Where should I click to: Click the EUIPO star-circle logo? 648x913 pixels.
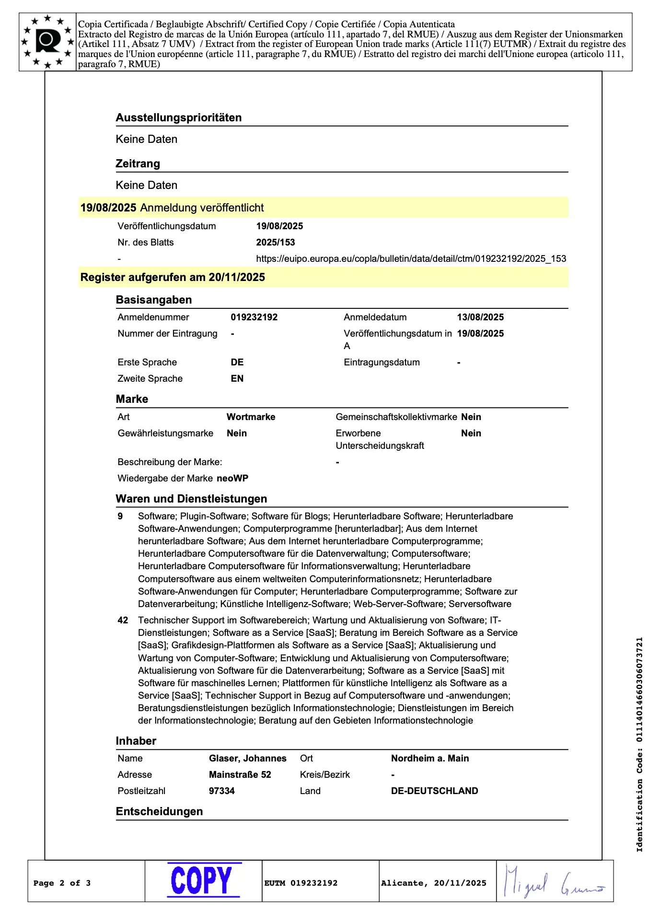click(x=47, y=42)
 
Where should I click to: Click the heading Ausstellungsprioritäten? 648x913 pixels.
click(x=178, y=117)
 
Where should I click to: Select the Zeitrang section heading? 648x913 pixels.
click(x=138, y=164)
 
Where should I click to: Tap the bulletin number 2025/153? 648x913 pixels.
click(x=275, y=242)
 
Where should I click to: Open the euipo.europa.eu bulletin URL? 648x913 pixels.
click(x=411, y=258)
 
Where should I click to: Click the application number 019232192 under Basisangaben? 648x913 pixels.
click(x=254, y=317)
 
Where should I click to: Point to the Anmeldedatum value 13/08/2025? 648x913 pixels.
click(x=480, y=317)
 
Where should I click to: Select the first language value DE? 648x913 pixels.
click(x=237, y=362)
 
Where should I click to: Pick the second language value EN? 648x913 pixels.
click(x=237, y=378)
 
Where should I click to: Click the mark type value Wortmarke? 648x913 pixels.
click(x=251, y=417)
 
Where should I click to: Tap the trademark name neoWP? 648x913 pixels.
click(x=232, y=478)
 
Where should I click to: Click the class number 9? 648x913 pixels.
click(x=120, y=516)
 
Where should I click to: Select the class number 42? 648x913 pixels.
click(x=123, y=620)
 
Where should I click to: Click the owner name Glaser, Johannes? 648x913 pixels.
click(x=247, y=758)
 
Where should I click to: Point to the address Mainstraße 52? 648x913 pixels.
click(x=240, y=774)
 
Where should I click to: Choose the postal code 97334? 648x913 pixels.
click(x=221, y=791)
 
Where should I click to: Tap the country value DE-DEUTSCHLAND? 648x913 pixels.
click(x=434, y=791)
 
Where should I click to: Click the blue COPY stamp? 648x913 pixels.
click(x=203, y=880)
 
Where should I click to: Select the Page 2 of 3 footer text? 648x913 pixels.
click(x=62, y=883)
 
